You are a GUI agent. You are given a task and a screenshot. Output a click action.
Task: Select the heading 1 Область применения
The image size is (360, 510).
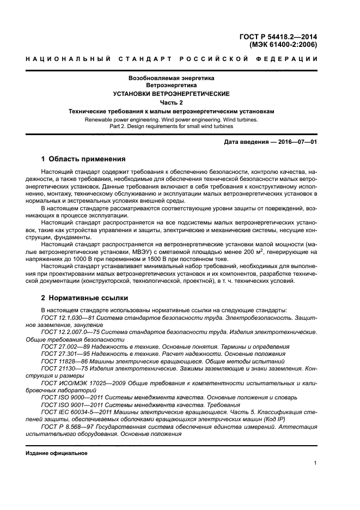83,159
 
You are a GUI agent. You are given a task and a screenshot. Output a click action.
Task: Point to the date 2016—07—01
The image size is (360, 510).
293,142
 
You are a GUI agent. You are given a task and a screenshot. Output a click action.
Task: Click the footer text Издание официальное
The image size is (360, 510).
56,453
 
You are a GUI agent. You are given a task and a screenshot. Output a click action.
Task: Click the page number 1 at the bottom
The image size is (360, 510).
316,463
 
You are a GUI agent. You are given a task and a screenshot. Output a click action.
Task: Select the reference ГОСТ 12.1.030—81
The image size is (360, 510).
68,317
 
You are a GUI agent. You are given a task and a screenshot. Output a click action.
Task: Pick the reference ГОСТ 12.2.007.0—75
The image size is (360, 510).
71,331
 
